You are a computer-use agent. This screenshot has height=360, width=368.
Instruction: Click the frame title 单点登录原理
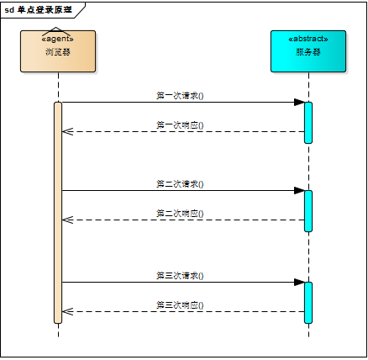[x=44, y=9]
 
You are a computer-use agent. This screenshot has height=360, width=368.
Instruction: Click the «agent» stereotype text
[x=58, y=39]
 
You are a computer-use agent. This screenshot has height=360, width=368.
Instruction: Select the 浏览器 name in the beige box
[x=58, y=52]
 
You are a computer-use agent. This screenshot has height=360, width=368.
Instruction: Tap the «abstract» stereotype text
[x=308, y=39]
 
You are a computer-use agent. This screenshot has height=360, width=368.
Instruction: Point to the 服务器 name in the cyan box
[x=308, y=52]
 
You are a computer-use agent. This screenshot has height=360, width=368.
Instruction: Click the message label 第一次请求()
[x=180, y=96]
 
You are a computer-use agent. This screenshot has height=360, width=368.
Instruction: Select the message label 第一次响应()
[x=180, y=125]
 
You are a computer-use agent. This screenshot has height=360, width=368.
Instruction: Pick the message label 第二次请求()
[x=180, y=183]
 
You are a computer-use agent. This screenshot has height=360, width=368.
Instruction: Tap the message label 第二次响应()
[x=180, y=214]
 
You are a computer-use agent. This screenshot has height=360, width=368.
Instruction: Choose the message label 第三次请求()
[x=180, y=275]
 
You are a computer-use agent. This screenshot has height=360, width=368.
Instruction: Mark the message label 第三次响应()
[x=180, y=304]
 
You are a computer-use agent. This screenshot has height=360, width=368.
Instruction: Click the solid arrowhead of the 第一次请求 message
[x=299, y=103]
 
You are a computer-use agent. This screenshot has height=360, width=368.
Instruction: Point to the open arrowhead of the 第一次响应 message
[x=67, y=131]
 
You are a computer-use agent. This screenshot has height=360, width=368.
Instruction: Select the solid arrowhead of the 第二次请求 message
[x=299, y=190]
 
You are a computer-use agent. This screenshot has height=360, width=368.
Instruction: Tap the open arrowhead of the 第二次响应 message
[x=67, y=220]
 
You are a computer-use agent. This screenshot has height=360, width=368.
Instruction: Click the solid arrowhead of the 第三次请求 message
[x=299, y=282]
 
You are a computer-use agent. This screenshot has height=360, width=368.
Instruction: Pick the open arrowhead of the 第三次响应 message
[x=67, y=311]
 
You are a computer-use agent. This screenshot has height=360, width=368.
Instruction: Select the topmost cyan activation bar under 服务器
[x=308, y=122]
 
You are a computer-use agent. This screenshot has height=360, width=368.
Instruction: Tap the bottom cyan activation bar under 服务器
[x=308, y=302]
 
